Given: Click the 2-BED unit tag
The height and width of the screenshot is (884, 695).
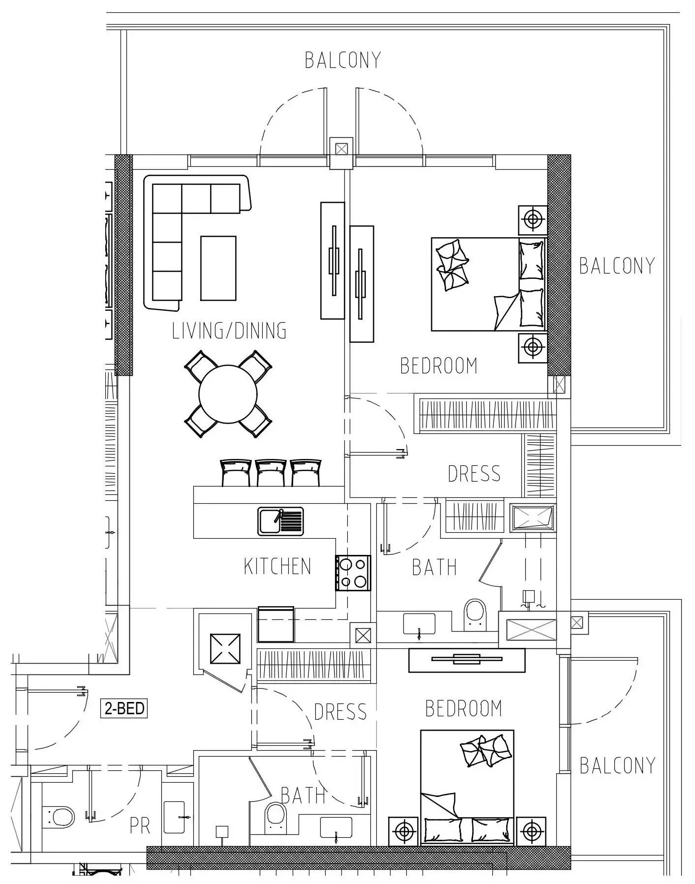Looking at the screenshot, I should [x=124, y=708].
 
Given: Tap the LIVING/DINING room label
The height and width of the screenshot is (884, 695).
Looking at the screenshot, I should [x=229, y=331].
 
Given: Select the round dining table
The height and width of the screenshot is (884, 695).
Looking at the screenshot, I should [x=228, y=394].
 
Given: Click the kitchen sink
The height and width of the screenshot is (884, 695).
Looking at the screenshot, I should [x=280, y=521].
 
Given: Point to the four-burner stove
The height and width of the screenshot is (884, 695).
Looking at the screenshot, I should [x=353, y=573].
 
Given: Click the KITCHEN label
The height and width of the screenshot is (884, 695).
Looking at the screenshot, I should [x=277, y=566].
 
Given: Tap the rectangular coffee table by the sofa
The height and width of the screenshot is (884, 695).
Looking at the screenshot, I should [x=218, y=268].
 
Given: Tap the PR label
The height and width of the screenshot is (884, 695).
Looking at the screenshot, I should [x=140, y=826].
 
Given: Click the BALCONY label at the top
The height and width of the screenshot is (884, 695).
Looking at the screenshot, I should [x=343, y=60].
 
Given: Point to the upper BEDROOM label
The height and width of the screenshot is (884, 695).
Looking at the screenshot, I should [x=438, y=366].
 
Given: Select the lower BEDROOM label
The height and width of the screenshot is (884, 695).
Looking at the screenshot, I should [x=463, y=709].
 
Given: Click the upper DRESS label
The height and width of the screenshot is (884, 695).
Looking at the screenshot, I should [x=474, y=474].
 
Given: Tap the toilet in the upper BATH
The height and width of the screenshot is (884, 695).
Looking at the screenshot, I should [x=475, y=614].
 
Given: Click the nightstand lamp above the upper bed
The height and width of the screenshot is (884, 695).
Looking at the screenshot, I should [x=533, y=219].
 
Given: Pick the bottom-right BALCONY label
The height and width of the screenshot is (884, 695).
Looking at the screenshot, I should [x=617, y=766].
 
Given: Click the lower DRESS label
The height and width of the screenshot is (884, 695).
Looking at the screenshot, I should [x=340, y=712].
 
